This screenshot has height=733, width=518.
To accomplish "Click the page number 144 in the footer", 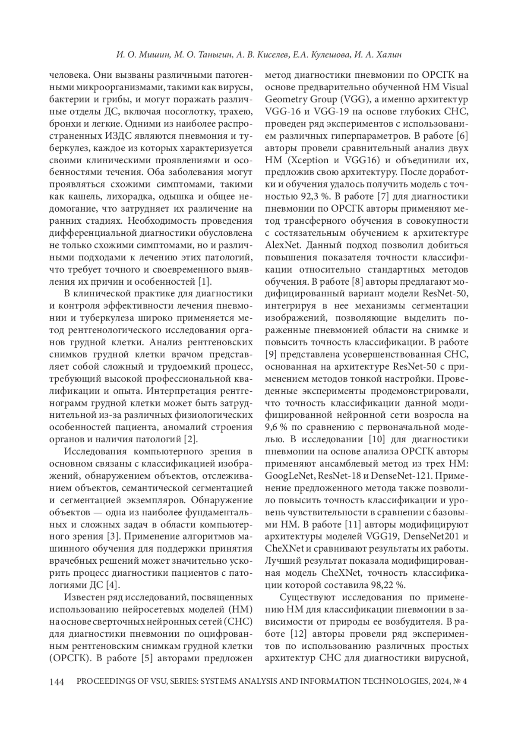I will (x=57, y=682).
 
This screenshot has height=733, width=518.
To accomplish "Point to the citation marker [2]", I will (x=190, y=440).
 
